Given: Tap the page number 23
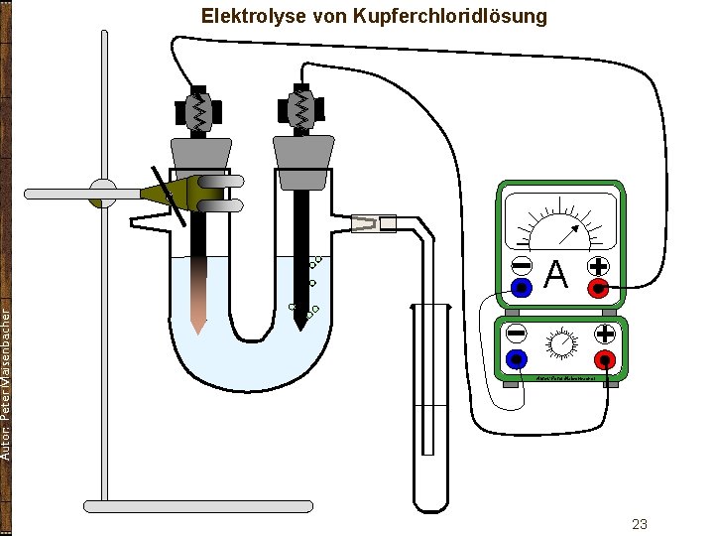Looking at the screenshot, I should [640, 523].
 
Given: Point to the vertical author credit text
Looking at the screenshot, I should [7, 382].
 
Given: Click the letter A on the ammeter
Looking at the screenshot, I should [557, 274].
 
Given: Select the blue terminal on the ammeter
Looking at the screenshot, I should [521, 288].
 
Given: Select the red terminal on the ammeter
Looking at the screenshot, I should [597, 288].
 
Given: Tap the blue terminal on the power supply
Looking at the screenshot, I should [516, 358].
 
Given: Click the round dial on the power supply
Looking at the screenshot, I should [561, 343].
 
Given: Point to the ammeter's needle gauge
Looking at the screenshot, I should [560, 223].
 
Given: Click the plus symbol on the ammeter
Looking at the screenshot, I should [598, 266].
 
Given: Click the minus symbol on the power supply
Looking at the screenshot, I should [516, 335].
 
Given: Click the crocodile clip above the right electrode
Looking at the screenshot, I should [300, 109].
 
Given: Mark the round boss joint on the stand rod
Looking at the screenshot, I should [103, 193].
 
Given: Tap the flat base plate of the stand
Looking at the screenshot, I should [198, 506].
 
